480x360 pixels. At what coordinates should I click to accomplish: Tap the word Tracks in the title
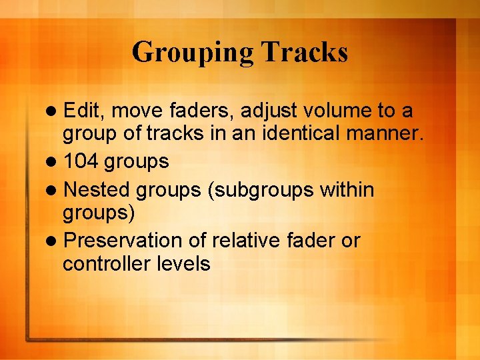(305, 51)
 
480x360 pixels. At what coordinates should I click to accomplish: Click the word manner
(385, 135)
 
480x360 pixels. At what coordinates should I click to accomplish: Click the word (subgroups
(258, 191)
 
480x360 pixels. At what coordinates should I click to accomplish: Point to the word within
(347, 190)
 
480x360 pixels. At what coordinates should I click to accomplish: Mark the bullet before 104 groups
(54, 162)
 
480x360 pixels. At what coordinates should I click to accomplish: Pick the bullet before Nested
(54, 191)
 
